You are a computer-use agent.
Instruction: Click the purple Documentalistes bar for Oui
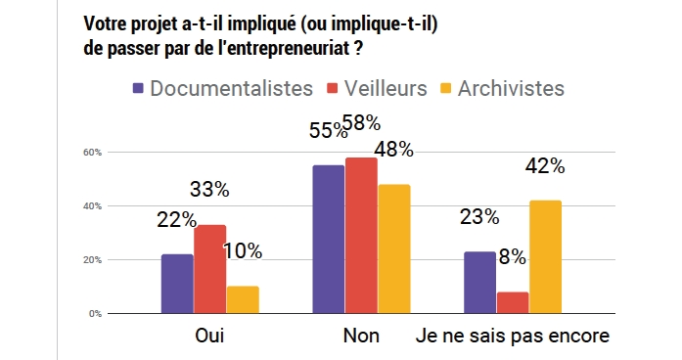coord(177,284)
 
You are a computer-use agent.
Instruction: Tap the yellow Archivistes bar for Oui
coord(241,299)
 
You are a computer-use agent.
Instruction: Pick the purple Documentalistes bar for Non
coord(328,240)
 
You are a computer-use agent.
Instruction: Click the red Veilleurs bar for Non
coord(360,236)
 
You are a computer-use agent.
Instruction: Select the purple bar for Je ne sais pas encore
coord(478,283)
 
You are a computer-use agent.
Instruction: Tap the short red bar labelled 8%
coord(511,302)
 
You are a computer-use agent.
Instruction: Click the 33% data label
coord(209,188)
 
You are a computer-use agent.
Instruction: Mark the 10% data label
coord(242,250)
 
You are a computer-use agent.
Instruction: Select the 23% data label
coord(479,217)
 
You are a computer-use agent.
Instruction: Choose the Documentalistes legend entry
coord(231,88)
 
